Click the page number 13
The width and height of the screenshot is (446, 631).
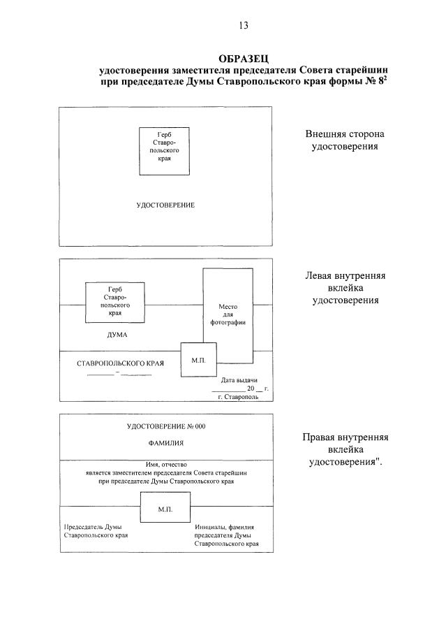pyautogui.click(x=244, y=25)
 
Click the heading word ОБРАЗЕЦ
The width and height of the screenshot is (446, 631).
pyautogui.click(x=244, y=59)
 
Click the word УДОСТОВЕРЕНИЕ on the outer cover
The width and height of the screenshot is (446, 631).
pyautogui.click(x=165, y=205)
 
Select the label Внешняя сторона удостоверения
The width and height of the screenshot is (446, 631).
pyautogui.click(x=345, y=140)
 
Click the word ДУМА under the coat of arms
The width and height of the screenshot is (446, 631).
pyautogui.click(x=117, y=335)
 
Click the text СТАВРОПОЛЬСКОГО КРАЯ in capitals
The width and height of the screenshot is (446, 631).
pyautogui.click(x=121, y=363)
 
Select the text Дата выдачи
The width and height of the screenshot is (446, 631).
pyautogui.click(x=239, y=380)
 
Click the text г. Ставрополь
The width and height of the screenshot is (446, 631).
pyautogui.click(x=238, y=397)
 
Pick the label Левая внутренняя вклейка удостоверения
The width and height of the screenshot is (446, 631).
pyautogui.click(x=345, y=288)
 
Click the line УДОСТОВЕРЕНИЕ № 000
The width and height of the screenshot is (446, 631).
pyautogui.click(x=166, y=426)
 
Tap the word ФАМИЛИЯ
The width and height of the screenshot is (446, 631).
pyautogui.click(x=166, y=443)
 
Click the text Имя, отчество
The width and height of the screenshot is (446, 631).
pyautogui.click(x=166, y=465)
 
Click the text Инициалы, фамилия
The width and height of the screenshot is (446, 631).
pyautogui.click(x=224, y=527)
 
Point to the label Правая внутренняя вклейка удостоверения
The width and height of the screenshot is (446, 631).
pyautogui.click(x=345, y=449)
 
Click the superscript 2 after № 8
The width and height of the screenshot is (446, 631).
pyautogui.click(x=385, y=78)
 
